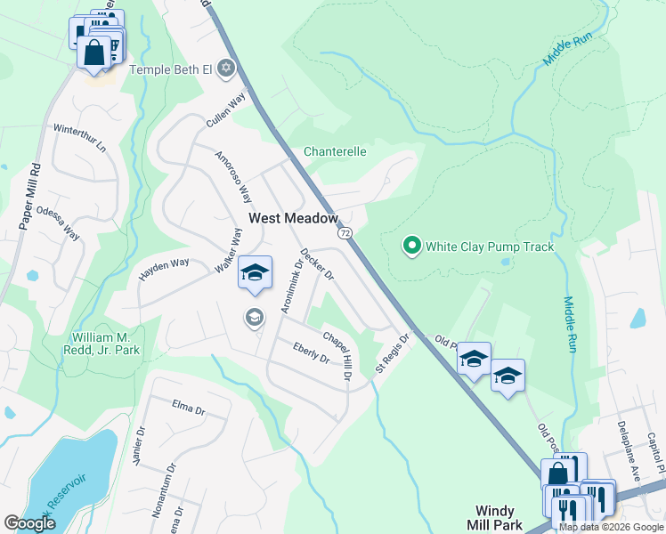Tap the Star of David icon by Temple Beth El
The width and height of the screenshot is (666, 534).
(226, 69)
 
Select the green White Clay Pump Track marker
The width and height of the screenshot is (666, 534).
(411, 247)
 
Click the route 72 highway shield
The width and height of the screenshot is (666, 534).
(345, 232)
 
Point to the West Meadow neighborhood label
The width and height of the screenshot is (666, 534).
(293, 218)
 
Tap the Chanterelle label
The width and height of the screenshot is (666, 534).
(335, 151)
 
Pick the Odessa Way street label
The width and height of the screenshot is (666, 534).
(58, 223)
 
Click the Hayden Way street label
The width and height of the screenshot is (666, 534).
(164, 271)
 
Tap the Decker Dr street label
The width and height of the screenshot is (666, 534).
(316, 264)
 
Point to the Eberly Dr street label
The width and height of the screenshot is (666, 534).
(311, 352)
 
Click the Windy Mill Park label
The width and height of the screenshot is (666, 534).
(494, 517)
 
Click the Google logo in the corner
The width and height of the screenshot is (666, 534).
(29, 522)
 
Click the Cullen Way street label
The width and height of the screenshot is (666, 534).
(224, 114)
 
